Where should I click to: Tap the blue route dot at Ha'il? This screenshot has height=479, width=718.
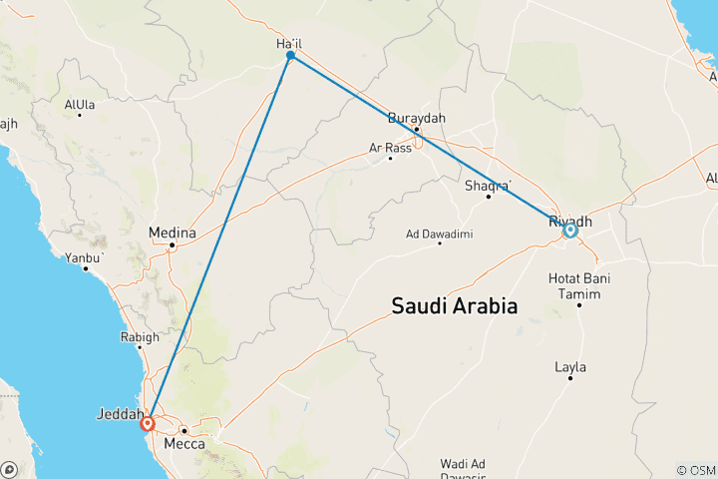pos(290,56)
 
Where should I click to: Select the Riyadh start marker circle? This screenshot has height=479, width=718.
pos(570,230)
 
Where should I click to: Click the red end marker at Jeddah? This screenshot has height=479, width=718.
pos(148,423)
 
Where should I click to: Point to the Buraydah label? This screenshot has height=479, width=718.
pos(416,118)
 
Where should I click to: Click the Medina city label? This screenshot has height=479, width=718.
pos(170,233)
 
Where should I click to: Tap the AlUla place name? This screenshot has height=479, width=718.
pos(80,104)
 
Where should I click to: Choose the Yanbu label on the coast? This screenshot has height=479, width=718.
pos(87,256)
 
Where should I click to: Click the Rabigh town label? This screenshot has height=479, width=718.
pos(139,337)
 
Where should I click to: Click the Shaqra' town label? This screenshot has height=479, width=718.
pos(489,185)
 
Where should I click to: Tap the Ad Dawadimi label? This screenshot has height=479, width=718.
pos(439,235)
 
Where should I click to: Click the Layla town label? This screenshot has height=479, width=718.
pos(570,367)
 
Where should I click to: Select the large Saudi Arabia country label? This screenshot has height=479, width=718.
pos(455,306)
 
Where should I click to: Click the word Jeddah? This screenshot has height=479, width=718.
pos(120,412)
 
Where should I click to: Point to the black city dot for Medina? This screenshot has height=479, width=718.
pos(172,244)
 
